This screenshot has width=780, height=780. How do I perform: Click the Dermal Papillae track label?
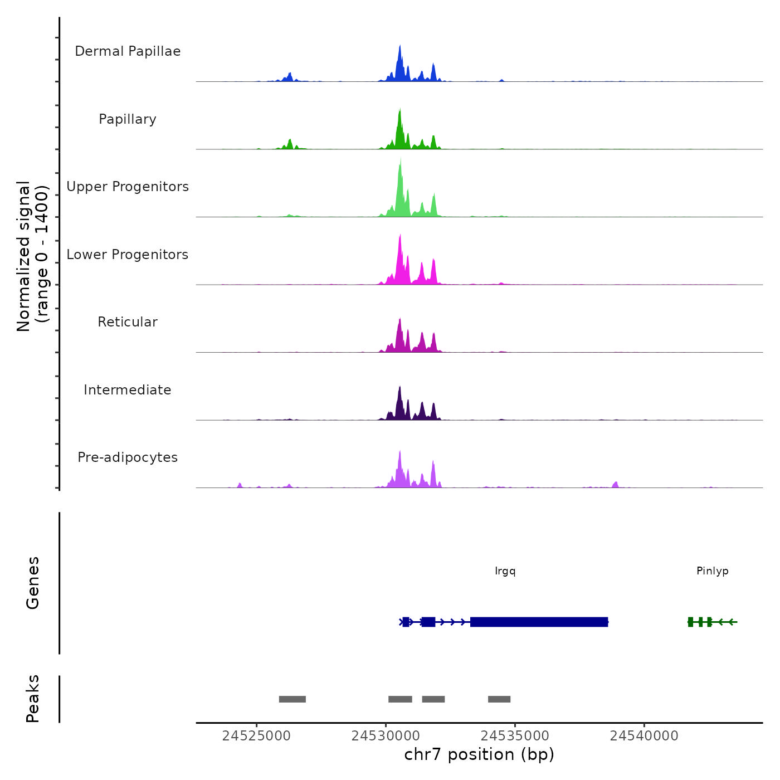point(128,51)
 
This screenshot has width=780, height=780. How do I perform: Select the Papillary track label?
point(128,119)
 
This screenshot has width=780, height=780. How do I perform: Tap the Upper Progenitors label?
point(128,187)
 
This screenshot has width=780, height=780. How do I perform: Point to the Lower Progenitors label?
point(128,255)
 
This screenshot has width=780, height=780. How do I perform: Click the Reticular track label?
point(128,322)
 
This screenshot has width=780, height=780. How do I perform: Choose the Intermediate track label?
point(128,390)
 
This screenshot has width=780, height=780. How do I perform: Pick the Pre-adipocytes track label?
point(128,457)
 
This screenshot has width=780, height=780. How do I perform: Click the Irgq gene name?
point(505,571)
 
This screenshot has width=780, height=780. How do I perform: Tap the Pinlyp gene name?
point(713,571)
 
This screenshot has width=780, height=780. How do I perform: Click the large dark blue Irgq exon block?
point(539,622)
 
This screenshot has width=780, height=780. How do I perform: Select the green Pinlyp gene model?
point(711,622)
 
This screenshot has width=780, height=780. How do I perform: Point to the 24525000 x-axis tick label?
point(256,736)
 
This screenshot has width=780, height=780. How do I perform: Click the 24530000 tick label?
point(386,736)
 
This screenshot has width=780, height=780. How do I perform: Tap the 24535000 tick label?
point(515,736)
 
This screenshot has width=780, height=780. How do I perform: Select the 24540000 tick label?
point(644,736)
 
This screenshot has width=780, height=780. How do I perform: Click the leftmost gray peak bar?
point(292,699)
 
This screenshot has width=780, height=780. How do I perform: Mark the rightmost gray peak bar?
point(499,699)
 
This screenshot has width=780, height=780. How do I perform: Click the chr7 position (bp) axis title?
point(479,754)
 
